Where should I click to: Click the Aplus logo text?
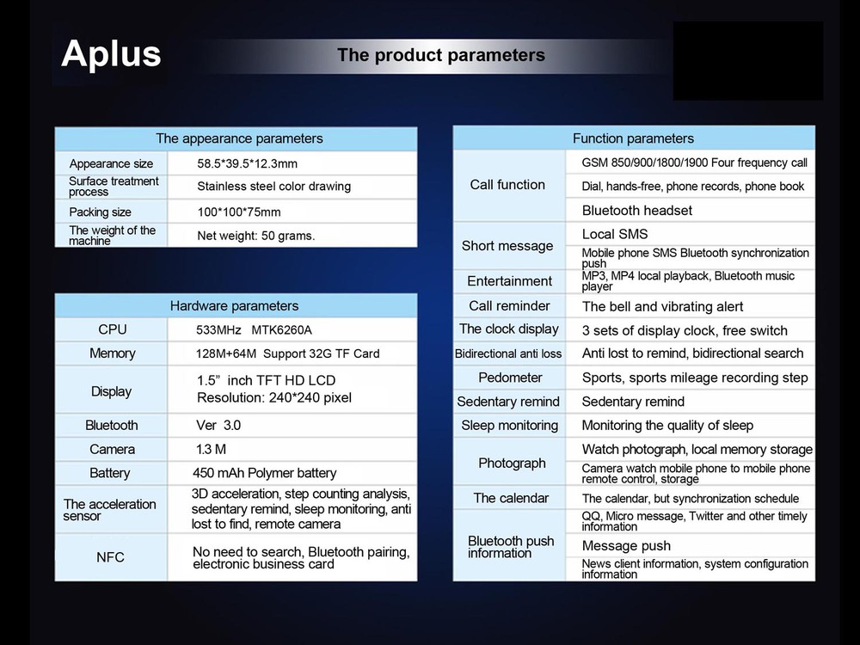tap(111, 53)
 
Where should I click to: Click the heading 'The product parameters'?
tap(441, 55)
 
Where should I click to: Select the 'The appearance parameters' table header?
tap(239, 138)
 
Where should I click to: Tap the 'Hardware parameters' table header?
tap(234, 305)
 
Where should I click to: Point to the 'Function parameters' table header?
tap(634, 138)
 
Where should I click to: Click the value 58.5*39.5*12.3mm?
tap(248, 163)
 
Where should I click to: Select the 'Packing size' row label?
tap(101, 212)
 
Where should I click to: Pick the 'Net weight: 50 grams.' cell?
tap(256, 236)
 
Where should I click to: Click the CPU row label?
tap(113, 329)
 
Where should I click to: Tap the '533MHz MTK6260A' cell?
tap(254, 329)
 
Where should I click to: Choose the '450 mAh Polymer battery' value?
tap(264, 473)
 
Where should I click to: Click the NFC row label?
tap(110, 557)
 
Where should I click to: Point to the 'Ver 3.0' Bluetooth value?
tap(218, 425)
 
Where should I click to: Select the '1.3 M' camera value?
tap(212, 449)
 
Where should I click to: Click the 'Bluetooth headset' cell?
tap(636, 210)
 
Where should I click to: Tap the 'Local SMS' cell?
tap(615, 234)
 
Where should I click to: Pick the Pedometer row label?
tap(510, 378)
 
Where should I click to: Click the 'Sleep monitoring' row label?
tap(509, 425)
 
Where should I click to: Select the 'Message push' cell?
tap(626, 546)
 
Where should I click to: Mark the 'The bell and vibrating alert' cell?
tap(662, 307)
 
